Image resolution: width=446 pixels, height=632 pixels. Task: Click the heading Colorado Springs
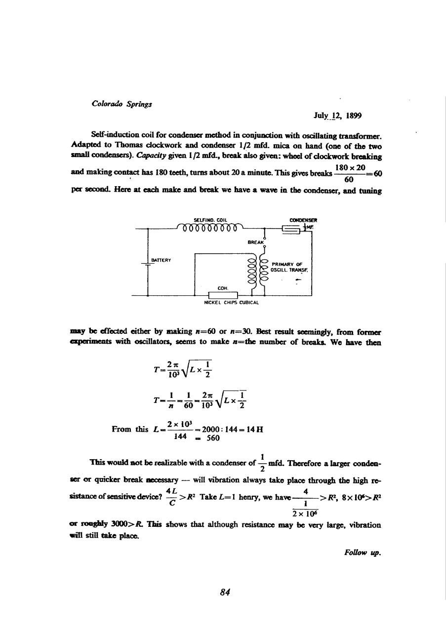point(122,104)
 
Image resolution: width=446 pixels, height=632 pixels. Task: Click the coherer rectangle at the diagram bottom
point(223,295)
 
